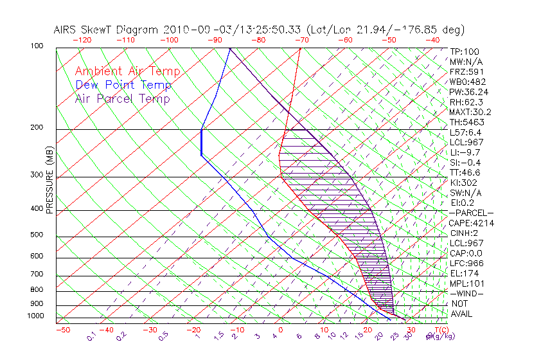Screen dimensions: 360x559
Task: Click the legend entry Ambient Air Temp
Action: (127, 71)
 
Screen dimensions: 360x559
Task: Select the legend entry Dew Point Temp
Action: (123, 85)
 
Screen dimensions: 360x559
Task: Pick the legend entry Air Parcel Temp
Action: (122, 98)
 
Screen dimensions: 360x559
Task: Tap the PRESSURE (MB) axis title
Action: (49, 181)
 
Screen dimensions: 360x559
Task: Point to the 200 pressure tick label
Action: (37, 127)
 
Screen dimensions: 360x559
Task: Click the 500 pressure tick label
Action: (37, 235)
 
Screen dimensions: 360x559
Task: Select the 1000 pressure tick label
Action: (35, 316)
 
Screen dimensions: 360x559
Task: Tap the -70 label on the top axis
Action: (301, 40)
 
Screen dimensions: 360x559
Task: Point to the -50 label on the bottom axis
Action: (62, 330)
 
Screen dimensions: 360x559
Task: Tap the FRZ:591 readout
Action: (466, 71)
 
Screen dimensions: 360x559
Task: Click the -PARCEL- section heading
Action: (471, 213)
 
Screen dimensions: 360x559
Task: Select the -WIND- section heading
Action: (466, 293)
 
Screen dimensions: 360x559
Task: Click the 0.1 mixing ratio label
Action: (92, 336)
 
